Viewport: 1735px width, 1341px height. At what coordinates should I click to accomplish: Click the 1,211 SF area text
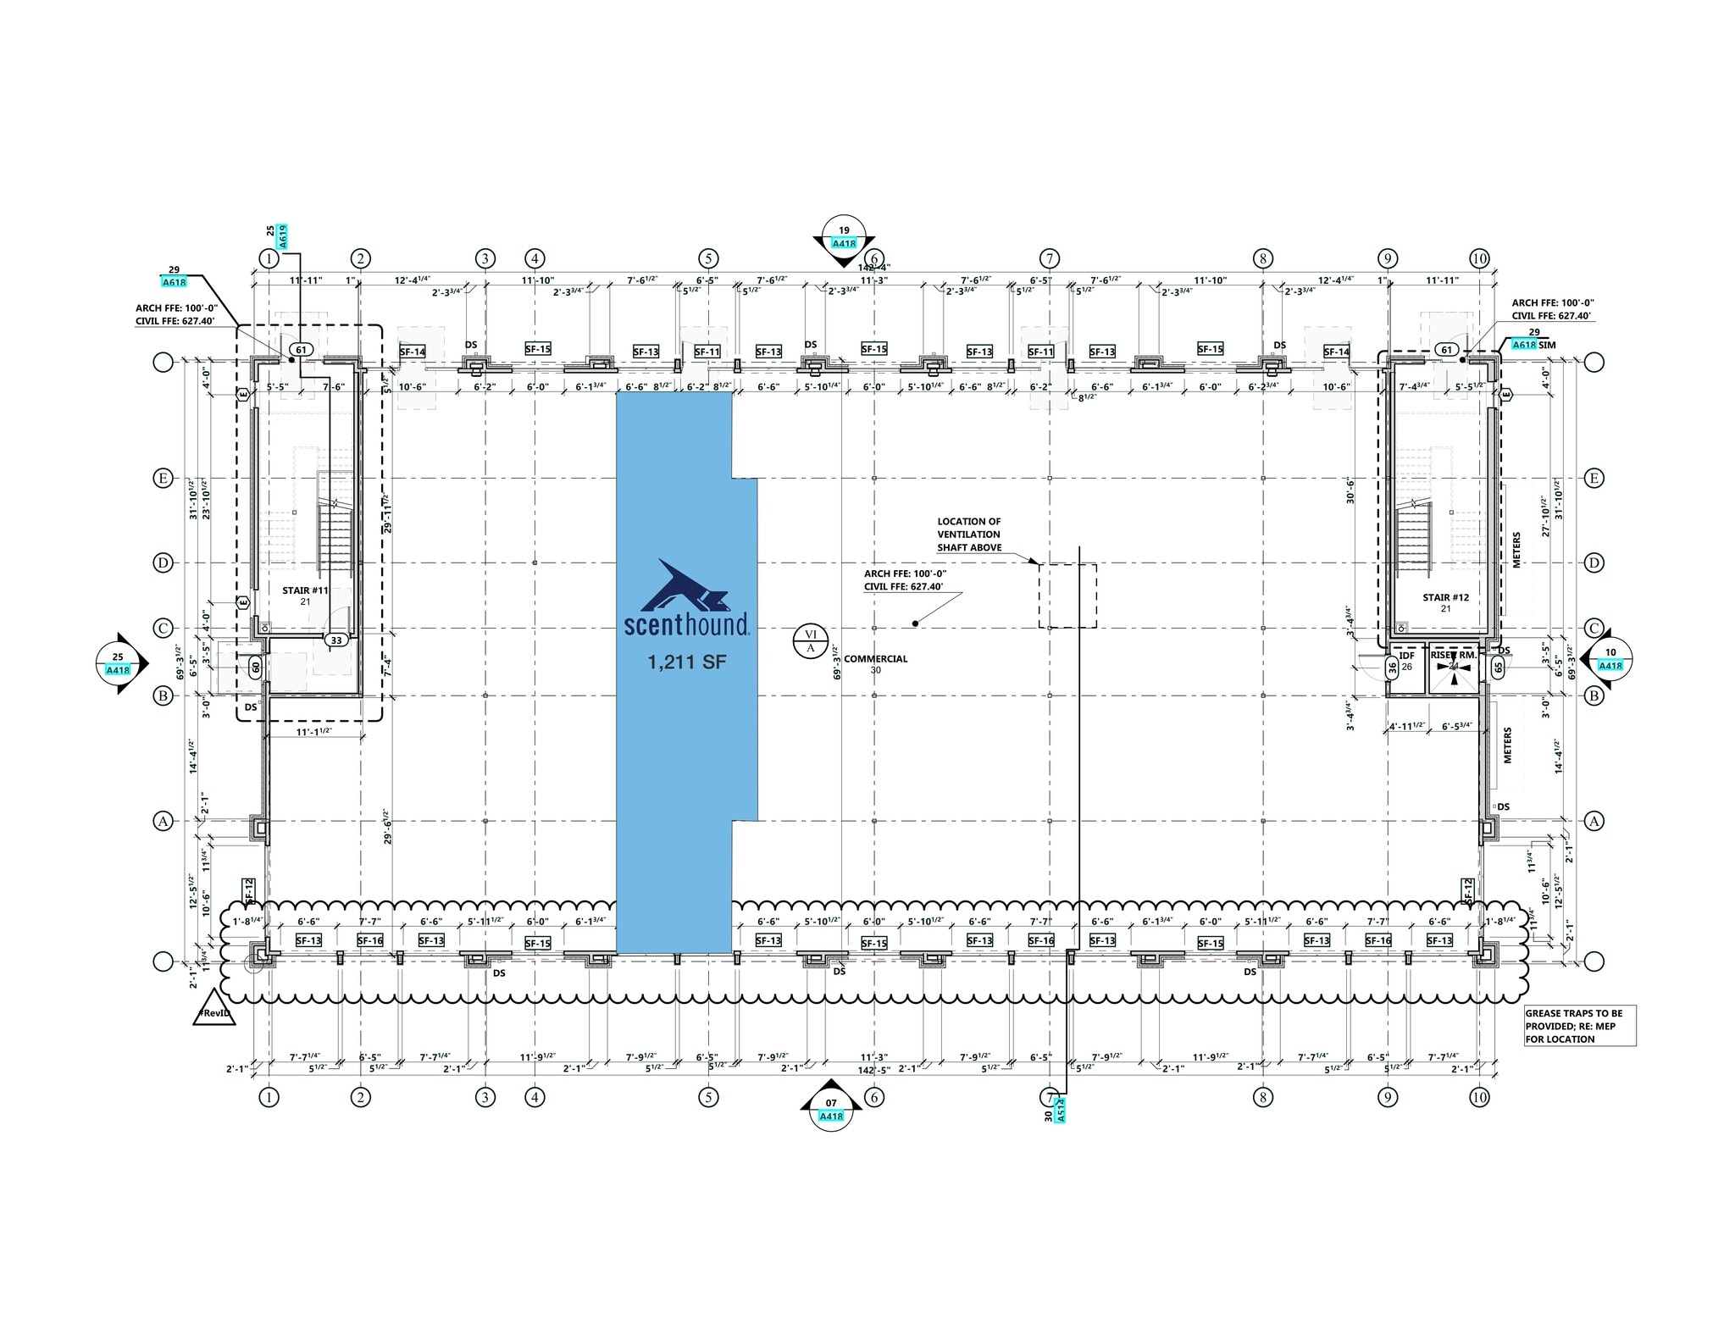(687, 662)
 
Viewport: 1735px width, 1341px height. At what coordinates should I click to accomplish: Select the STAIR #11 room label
(305, 590)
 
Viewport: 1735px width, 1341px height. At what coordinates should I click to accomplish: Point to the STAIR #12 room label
(1445, 598)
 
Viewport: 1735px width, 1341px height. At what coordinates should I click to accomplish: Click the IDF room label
(1407, 656)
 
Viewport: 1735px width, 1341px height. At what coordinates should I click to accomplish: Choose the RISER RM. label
(1454, 655)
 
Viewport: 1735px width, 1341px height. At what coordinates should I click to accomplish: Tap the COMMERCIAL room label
(875, 659)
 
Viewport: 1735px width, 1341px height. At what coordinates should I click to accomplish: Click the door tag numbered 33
(336, 640)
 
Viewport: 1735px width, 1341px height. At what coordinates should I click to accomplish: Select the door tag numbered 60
(255, 667)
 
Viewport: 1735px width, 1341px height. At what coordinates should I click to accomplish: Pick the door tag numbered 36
(1392, 668)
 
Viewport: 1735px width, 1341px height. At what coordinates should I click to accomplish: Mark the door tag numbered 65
(1498, 667)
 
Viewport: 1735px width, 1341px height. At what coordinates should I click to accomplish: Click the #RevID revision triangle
(213, 1011)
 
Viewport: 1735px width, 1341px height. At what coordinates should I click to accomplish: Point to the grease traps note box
(1579, 1025)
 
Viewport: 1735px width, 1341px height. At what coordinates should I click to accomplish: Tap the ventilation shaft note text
(969, 535)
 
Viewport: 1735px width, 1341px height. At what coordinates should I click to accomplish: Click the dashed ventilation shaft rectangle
(1067, 596)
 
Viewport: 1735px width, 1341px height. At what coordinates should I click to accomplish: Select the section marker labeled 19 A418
(844, 236)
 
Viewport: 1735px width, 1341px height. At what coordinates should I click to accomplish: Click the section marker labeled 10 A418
(1610, 659)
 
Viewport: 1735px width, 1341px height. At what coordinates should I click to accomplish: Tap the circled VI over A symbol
(810, 640)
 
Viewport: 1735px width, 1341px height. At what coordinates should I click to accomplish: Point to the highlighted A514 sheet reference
(1061, 1109)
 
